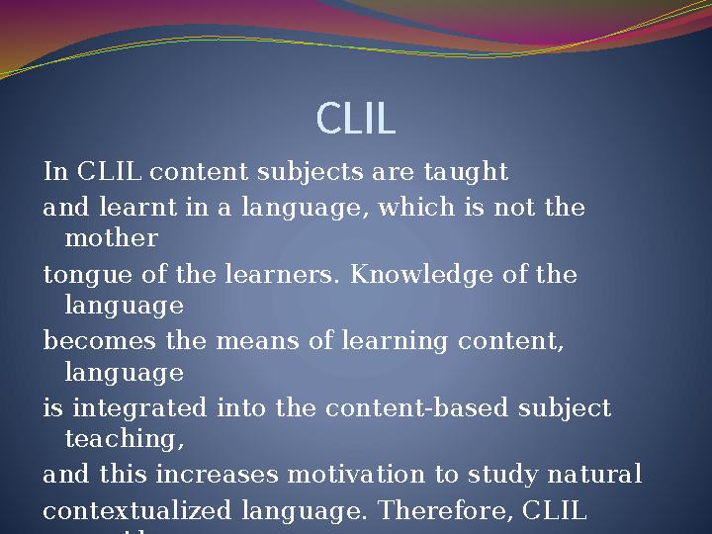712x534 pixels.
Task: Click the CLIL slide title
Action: [356, 119]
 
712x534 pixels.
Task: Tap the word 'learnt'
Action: [106, 208]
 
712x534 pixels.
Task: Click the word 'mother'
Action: [111, 239]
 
